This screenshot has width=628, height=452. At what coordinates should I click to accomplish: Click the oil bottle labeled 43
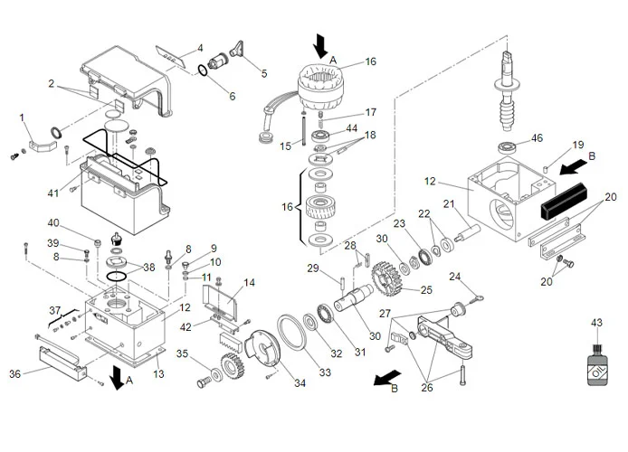pos(596,366)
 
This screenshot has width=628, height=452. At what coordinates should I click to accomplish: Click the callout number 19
pos(578,144)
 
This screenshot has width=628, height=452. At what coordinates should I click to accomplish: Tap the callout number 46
pos(537,138)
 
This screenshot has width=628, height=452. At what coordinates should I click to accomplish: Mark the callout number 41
pos(53,193)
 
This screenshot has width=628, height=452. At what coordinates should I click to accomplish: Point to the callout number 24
pos(455,276)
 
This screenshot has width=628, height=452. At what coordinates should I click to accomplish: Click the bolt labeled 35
pos(203,382)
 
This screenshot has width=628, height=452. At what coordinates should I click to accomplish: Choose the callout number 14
pos(249,282)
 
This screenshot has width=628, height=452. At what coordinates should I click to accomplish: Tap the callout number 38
pos(149,268)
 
